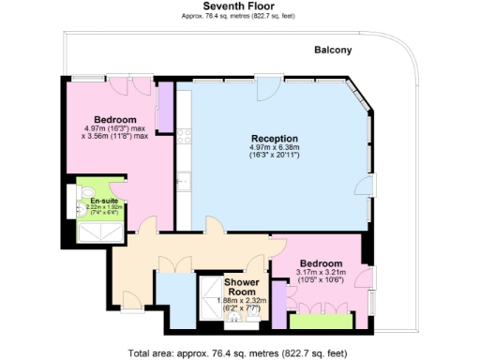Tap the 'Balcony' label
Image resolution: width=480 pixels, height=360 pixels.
click(x=333, y=51)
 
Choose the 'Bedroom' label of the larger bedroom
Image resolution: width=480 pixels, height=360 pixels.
click(x=116, y=120)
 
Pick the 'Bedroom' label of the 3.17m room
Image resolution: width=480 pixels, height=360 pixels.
click(x=321, y=264)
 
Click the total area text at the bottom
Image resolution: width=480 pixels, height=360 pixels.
click(x=239, y=353)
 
